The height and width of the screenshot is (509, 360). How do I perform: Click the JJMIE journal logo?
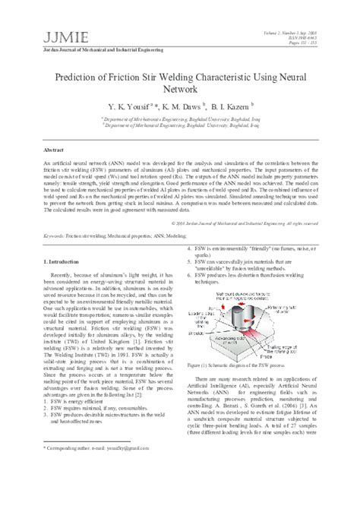[x=44, y=15]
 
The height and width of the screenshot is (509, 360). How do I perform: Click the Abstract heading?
[x=51, y=151]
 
